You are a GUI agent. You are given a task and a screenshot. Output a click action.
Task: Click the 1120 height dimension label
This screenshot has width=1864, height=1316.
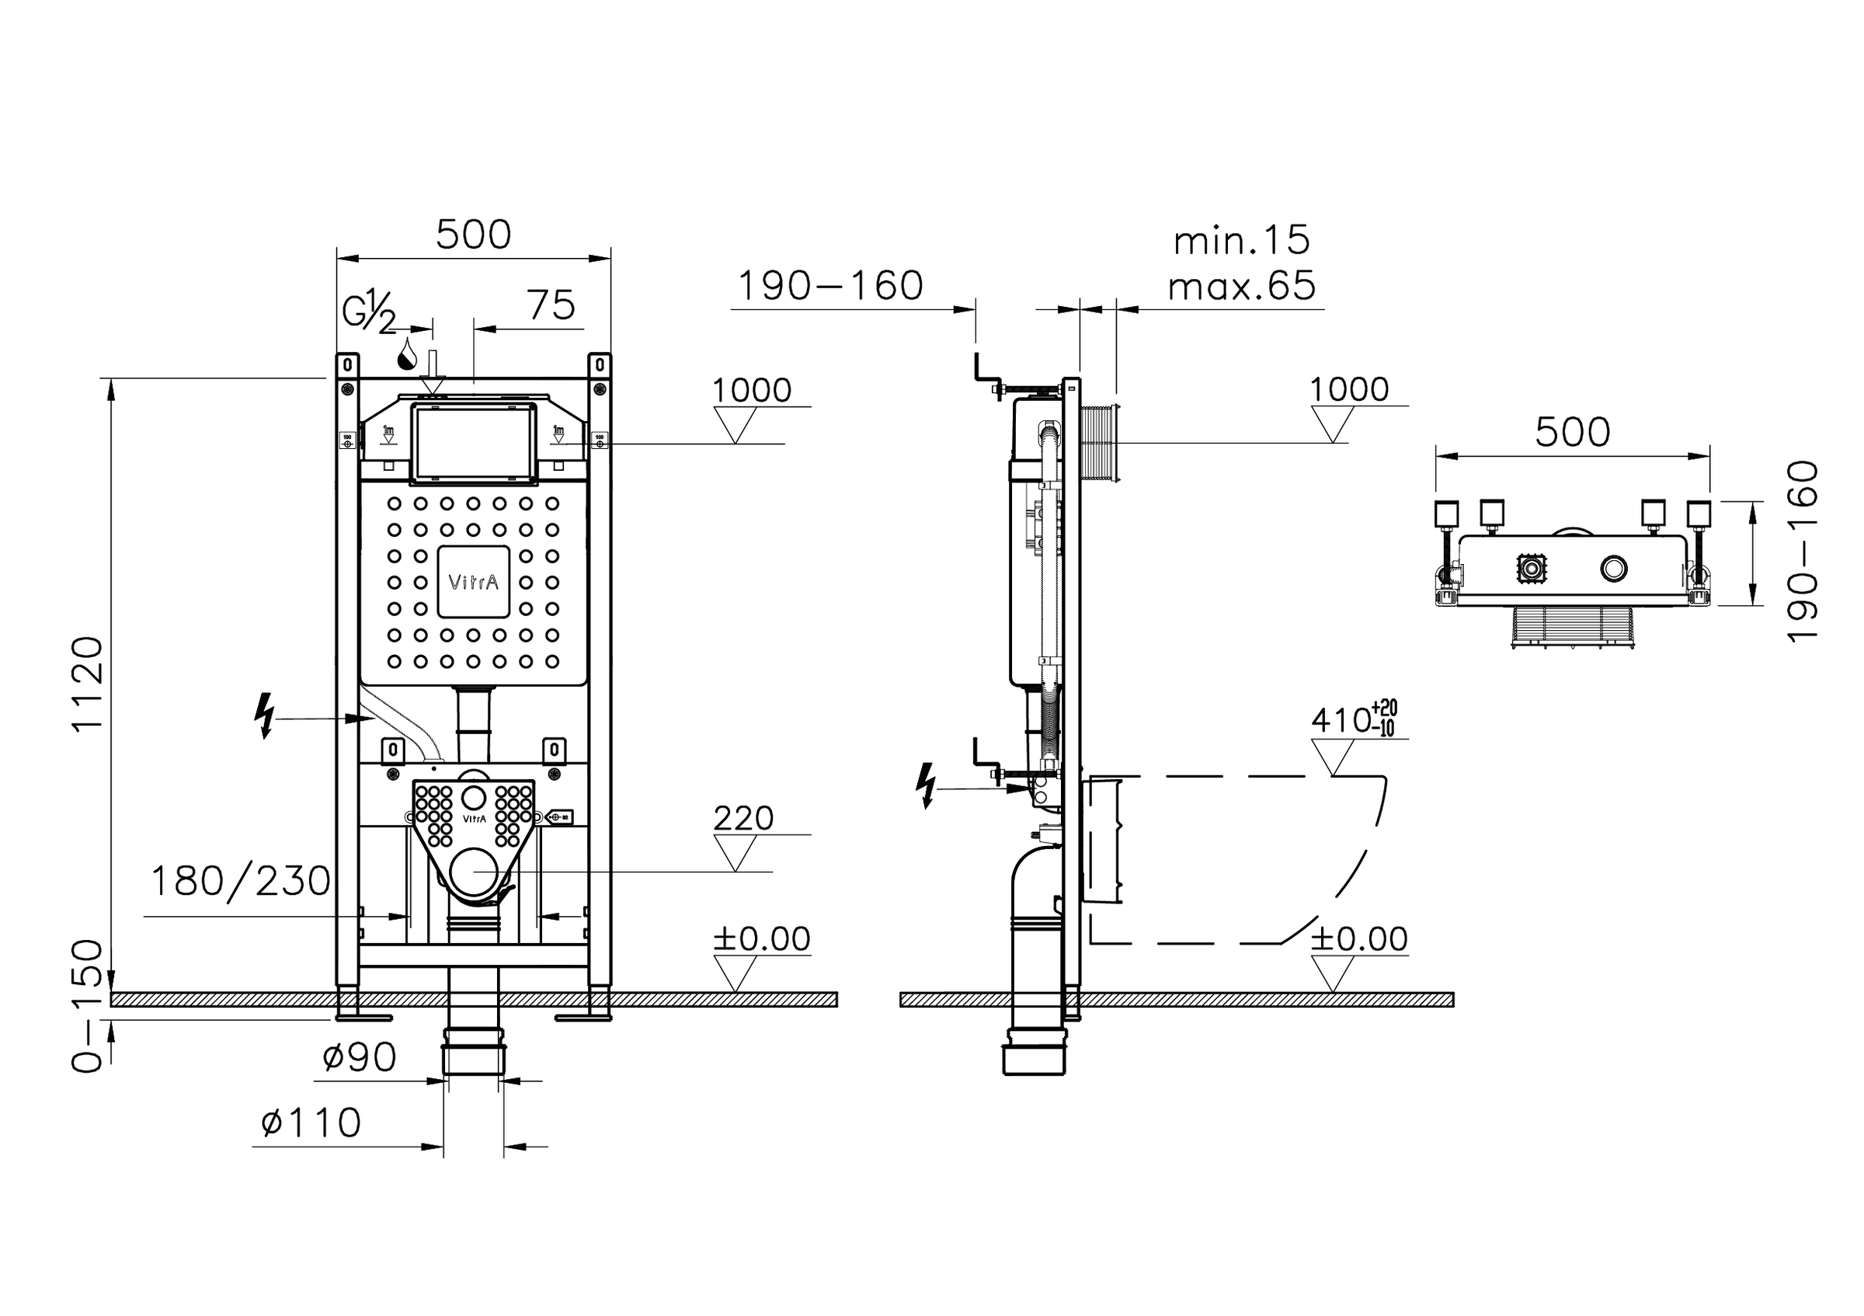88,684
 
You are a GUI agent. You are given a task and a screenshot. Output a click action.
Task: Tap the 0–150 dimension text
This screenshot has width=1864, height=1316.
88,1007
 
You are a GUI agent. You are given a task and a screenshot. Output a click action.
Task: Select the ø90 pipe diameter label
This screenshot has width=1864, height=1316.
359,1057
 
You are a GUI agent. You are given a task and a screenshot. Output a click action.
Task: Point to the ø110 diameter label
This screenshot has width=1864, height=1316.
311,1123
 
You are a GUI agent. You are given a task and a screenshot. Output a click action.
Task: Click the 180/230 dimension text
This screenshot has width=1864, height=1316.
241,881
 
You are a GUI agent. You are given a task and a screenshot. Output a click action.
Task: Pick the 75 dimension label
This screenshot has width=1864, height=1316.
551,306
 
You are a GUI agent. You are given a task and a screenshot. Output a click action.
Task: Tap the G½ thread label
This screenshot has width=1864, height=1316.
370,311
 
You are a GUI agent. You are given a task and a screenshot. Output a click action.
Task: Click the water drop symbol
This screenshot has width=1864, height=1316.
407,355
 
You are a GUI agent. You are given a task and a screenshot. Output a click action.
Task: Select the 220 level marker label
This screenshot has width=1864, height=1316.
742,818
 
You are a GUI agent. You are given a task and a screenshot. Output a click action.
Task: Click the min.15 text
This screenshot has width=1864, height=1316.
1241,241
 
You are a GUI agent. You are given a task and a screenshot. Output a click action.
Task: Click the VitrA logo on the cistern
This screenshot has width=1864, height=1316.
473,582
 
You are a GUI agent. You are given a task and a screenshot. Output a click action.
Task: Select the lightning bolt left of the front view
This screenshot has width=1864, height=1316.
264,715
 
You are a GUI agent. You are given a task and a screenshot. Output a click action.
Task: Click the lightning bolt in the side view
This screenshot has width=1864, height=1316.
925,786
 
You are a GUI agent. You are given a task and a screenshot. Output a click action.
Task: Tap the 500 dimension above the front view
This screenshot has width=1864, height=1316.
473,235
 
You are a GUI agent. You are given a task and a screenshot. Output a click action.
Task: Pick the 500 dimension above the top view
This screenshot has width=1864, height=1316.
1572,433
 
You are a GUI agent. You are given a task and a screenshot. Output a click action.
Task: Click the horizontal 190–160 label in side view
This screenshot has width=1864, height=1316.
829,286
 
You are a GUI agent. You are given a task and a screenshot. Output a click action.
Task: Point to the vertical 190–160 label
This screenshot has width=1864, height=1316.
1803,552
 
